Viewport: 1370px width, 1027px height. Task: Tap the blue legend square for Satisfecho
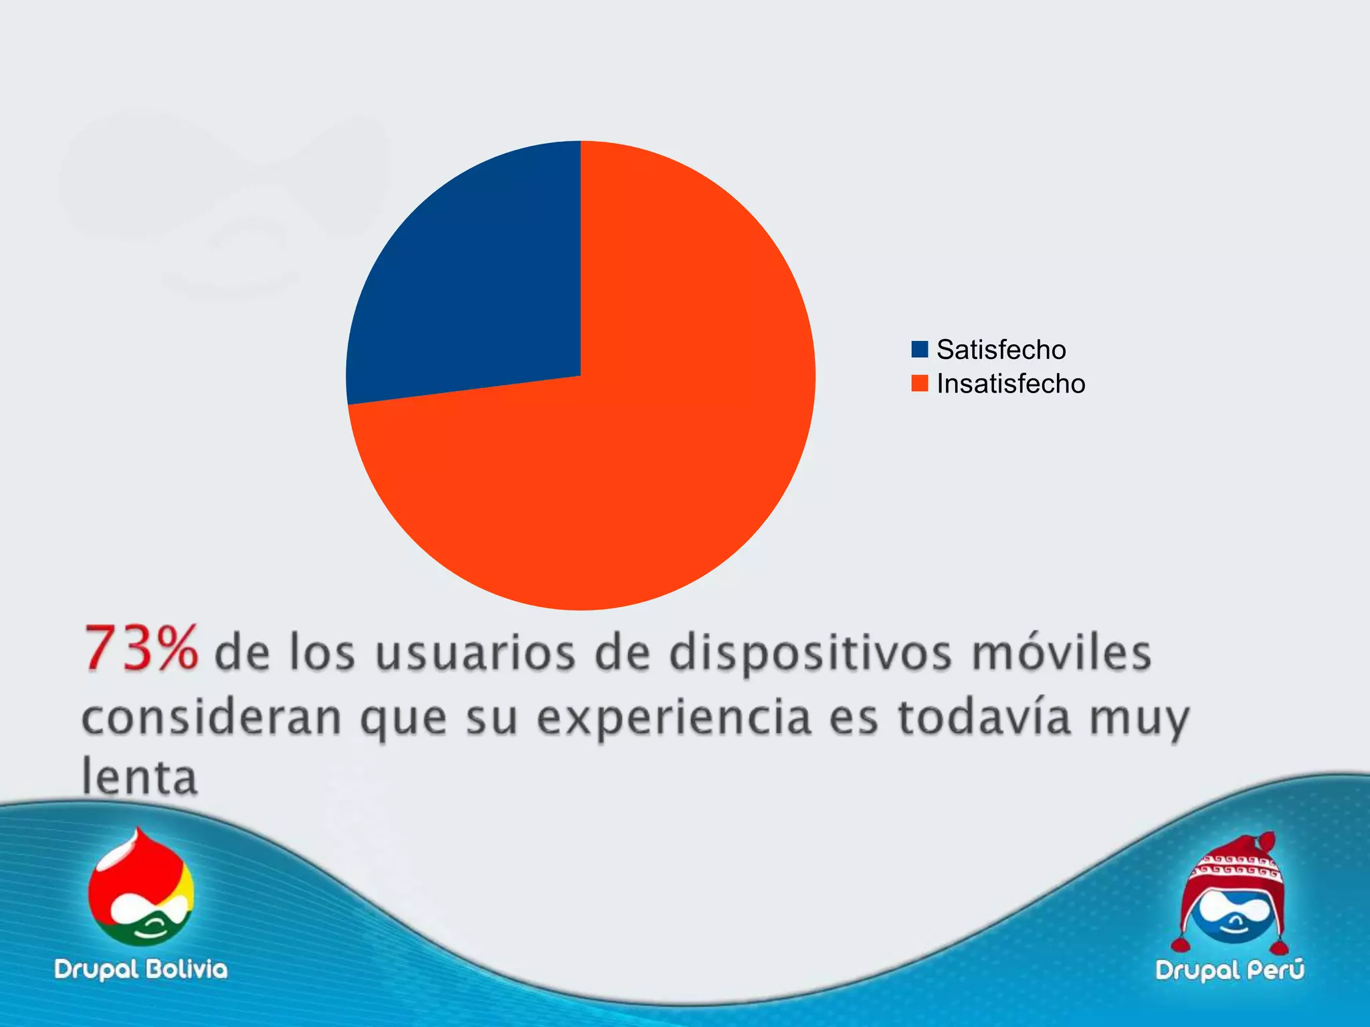pos(920,349)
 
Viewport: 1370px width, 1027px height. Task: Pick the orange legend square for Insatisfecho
pos(920,383)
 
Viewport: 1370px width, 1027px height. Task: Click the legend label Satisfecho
pos(1001,349)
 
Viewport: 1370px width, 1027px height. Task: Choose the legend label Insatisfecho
pos(1011,383)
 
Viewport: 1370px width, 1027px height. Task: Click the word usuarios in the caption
pos(475,653)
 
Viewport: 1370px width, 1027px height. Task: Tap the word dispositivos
pos(810,653)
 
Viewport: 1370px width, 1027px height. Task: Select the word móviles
pos(1062,653)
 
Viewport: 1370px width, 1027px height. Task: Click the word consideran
pos(211,717)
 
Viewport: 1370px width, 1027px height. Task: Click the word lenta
pos(140,776)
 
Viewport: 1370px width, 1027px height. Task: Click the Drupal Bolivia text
pos(141,969)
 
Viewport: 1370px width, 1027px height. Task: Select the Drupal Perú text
pos(1230,969)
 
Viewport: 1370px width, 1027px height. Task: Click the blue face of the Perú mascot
pos(1234,919)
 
